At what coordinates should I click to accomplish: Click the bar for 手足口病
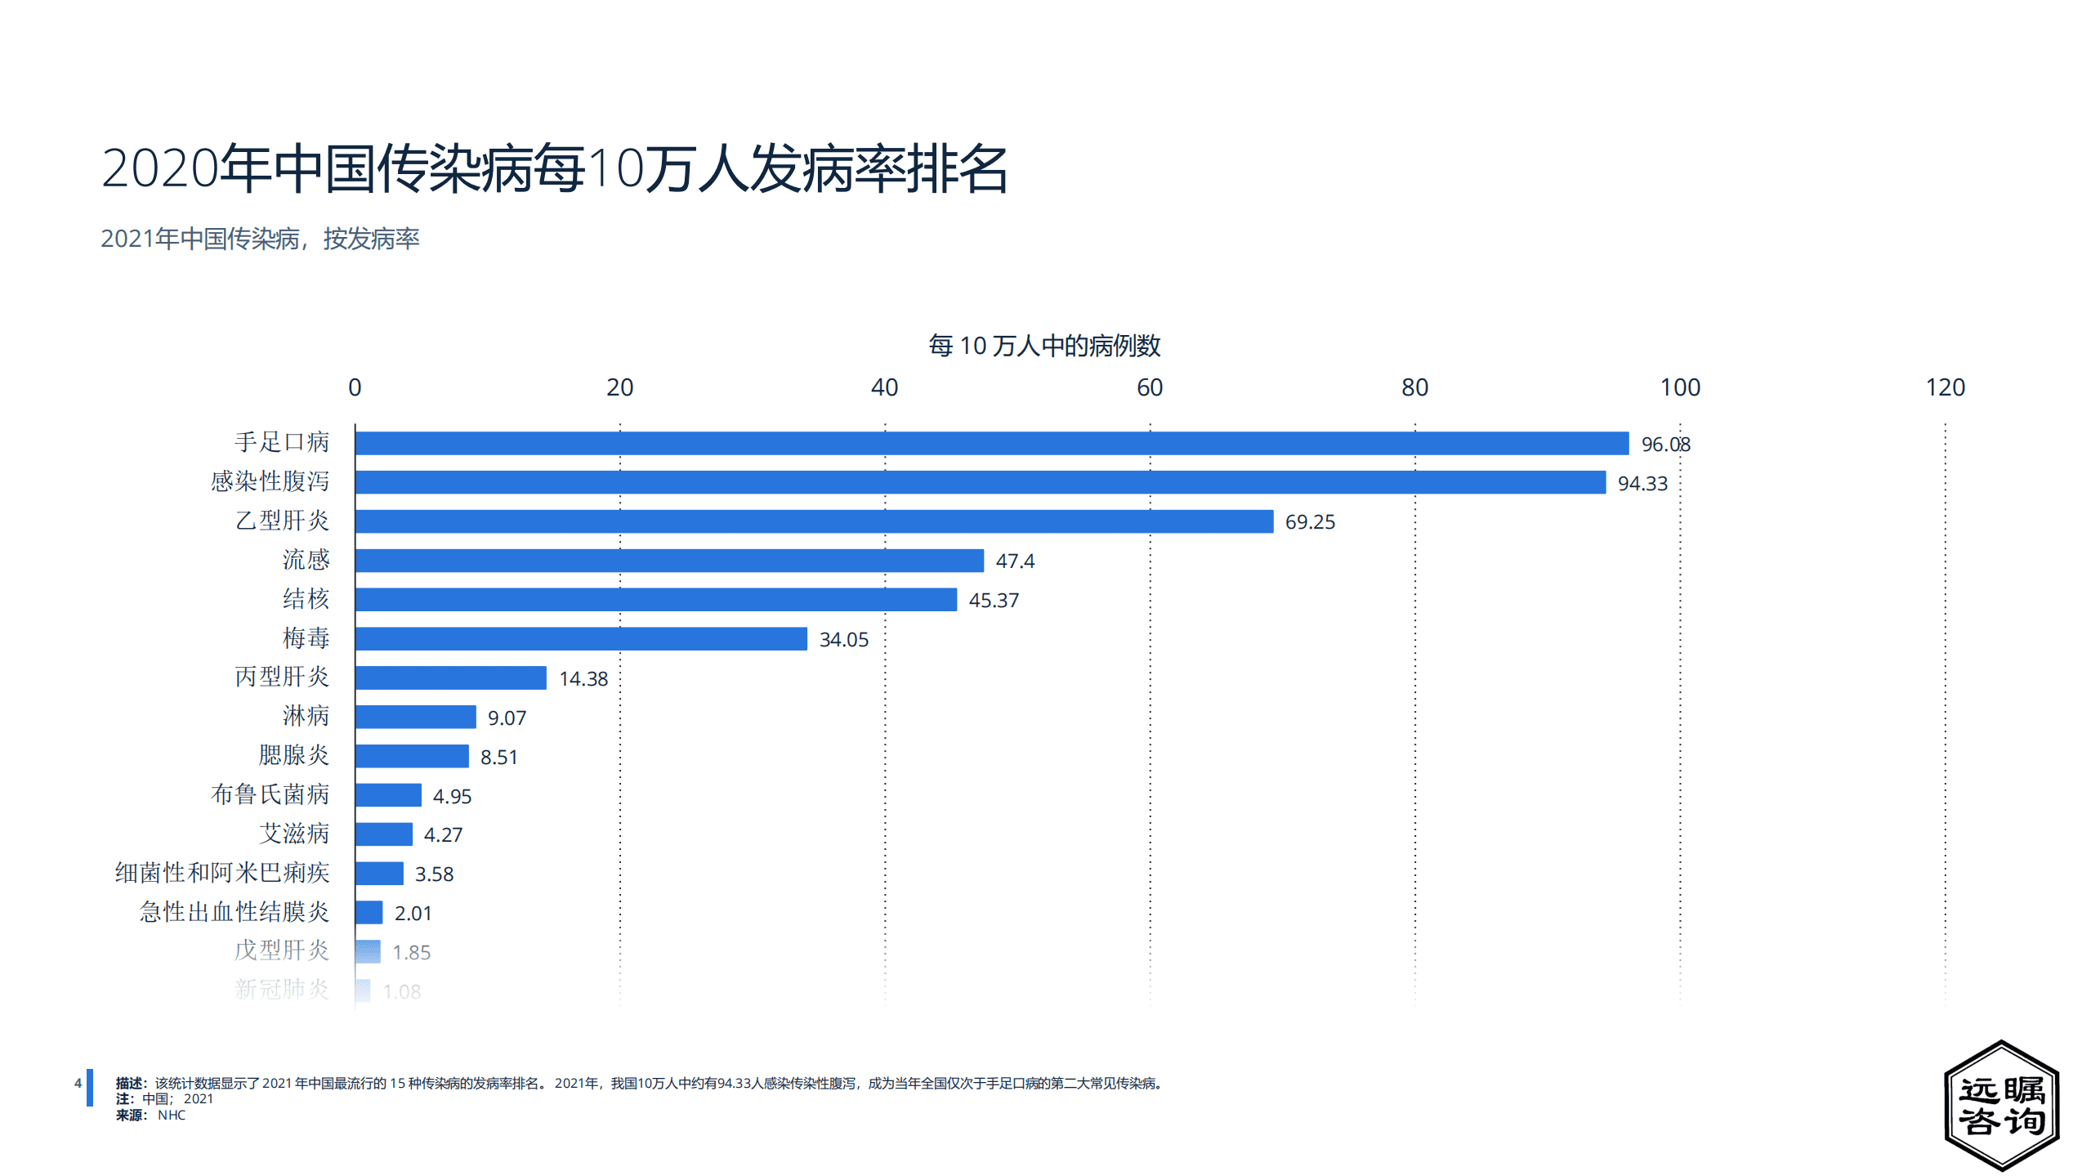click(991, 443)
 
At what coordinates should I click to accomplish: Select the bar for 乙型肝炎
click(814, 521)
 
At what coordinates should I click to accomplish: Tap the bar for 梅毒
click(581, 639)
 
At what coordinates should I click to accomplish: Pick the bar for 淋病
click(415, 717)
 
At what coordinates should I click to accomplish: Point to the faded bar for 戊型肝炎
click(368, 951)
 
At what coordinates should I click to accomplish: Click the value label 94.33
click(1642, 483)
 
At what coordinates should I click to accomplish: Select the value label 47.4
click(1014, 561)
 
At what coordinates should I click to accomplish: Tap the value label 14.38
click(583, 678)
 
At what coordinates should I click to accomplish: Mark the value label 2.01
click(413, 913)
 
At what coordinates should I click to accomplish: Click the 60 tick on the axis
click(1149, 387)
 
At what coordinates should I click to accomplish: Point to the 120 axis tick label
click(1944, 387)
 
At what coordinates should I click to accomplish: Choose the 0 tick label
click(355, 387)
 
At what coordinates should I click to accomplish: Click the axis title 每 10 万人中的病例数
click(1043, 346)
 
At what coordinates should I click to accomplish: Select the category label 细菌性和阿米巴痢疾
click(222, 873)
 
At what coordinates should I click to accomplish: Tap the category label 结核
click(306, 599)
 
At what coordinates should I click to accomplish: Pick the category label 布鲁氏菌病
click(270, 794)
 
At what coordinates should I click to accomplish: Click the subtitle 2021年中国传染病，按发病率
click(260, 239)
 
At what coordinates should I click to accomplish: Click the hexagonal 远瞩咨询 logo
click(2001, 1105)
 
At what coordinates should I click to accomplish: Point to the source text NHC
click(171, 1116)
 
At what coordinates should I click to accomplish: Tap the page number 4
click(78, 1084)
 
